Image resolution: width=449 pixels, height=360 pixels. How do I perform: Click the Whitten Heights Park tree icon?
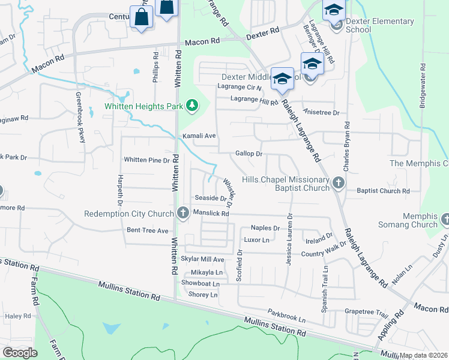pos(192,106)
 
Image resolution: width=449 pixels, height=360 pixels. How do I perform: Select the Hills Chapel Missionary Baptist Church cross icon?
pos(338,183)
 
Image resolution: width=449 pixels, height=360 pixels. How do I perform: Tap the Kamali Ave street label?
pos(199,136)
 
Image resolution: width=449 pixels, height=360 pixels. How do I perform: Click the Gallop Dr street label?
pos(249,154)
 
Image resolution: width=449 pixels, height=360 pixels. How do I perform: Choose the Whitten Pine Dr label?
pos(146,160)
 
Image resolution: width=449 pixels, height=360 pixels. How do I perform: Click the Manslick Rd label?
pos(212,214)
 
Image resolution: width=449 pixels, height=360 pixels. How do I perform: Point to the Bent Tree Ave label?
pos(147,230)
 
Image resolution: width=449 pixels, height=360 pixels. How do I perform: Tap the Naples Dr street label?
pos(265,228)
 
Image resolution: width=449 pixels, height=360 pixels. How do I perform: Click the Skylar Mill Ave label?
pos(202,259)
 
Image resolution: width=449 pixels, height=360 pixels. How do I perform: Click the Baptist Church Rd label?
pos(382,191)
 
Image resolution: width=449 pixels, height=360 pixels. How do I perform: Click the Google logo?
pos(20,353)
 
